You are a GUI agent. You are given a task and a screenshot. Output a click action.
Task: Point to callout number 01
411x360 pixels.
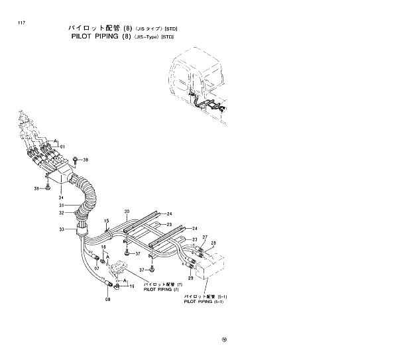(x=62, y=147)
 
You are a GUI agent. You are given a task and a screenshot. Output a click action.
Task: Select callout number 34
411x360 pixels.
(x=60, y=197)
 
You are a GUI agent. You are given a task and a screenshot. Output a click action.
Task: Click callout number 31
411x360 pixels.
(x=60, y=205)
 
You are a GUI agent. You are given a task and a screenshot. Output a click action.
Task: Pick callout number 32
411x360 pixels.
(x=60, y=213)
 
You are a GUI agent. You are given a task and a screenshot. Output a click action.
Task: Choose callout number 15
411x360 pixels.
(x=105, y=221)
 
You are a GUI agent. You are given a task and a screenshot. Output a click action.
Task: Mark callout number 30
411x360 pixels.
(x=126, y=211)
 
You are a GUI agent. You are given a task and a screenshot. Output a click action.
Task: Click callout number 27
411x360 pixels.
(x=205, y=237)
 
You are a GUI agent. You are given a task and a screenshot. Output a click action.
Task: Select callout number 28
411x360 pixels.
(x=213, y=243)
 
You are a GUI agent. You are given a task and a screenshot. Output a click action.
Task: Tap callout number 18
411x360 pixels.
(x=103, y=247)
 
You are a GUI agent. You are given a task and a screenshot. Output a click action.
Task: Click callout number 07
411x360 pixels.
(x=96, y=269)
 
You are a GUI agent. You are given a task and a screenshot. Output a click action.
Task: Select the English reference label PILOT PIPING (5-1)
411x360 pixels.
(x=205, y=301)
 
